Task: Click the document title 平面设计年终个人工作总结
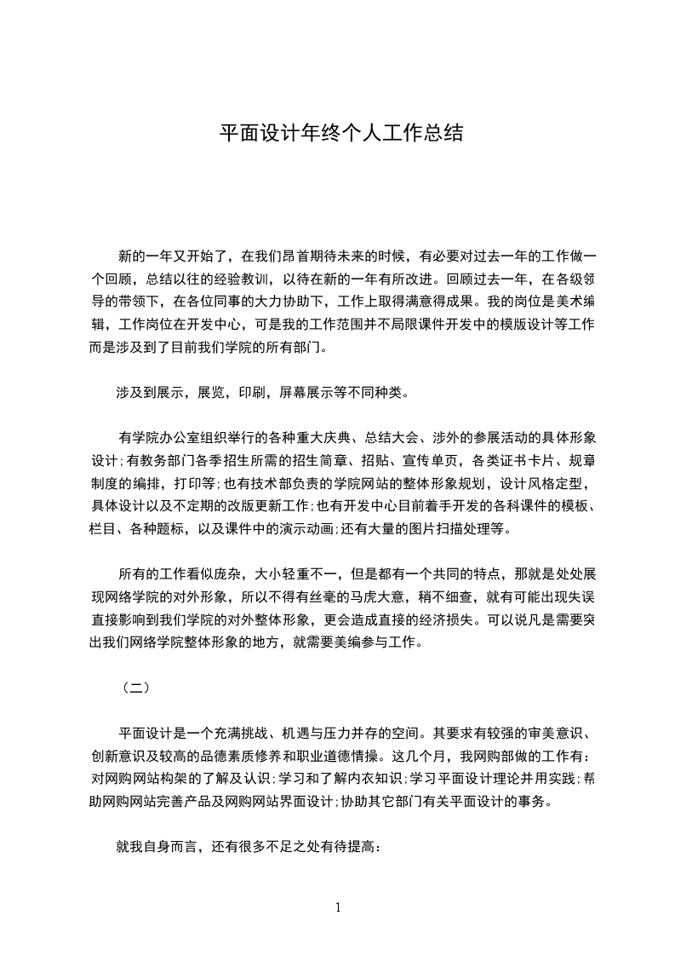click(341, 133)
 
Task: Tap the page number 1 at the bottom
click(338, 907)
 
